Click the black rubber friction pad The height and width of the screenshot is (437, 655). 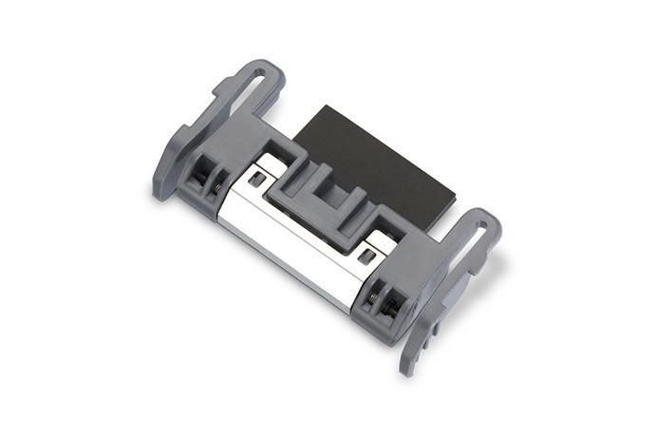click(380, 157)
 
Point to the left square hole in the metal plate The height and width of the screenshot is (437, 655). click(256, 179)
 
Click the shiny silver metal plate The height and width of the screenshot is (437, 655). click(285, 228)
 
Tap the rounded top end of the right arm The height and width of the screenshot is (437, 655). click(488, 219)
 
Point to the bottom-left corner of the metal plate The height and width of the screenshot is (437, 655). click(219, 218)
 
